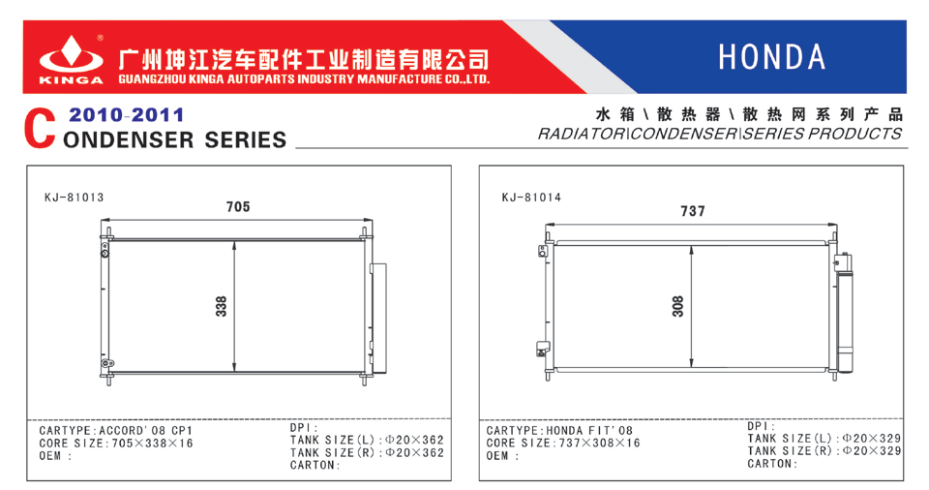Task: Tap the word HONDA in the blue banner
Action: click(x=772, y=57)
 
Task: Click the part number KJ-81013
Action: click(x=75, y=198)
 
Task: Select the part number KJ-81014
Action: click(x=531, y=198)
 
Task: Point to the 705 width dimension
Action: click(x=238, y=207)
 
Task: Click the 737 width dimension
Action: click(x=693, y=211)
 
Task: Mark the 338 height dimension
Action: click(x=221, y=306)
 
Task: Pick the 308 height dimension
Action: click(x=677, y=306)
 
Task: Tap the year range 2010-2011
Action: click(x=126, y=114)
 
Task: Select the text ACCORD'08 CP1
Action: click(x=146, y=431)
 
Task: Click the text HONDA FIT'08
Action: click(x=589, y=431)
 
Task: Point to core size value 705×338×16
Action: click(x=152, y=444)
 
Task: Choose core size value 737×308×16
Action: click(x=600, y=444)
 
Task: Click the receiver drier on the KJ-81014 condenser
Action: click(x=844, y=313)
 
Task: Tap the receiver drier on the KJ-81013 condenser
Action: click(x=379, y=319)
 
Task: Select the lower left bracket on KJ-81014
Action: click(x=543, y=349)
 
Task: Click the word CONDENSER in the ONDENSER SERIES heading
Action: click(x=129, y=140)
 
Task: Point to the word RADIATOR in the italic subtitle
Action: click(x=582, y=134)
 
